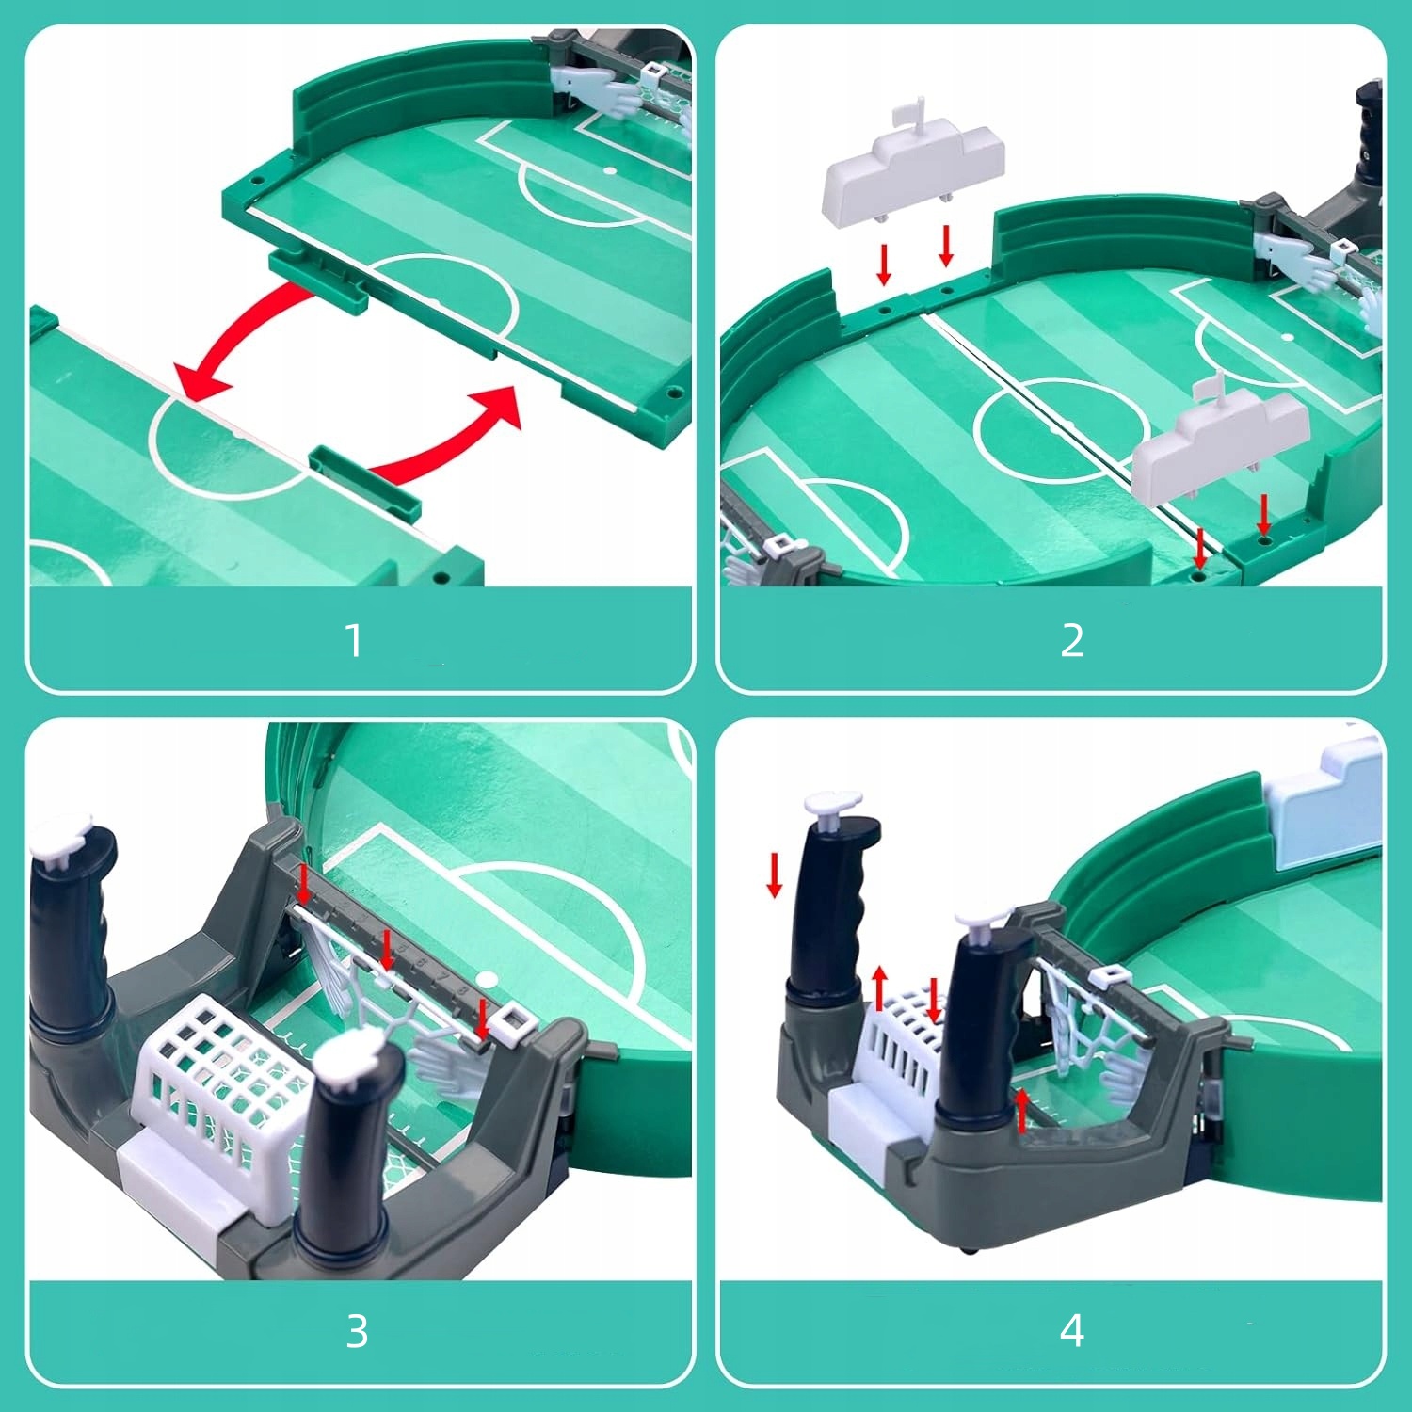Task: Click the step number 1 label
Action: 354,641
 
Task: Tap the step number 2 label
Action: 1072,641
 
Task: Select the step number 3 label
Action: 357,1332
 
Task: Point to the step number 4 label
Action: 1072,1331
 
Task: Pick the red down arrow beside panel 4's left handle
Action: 775,874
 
